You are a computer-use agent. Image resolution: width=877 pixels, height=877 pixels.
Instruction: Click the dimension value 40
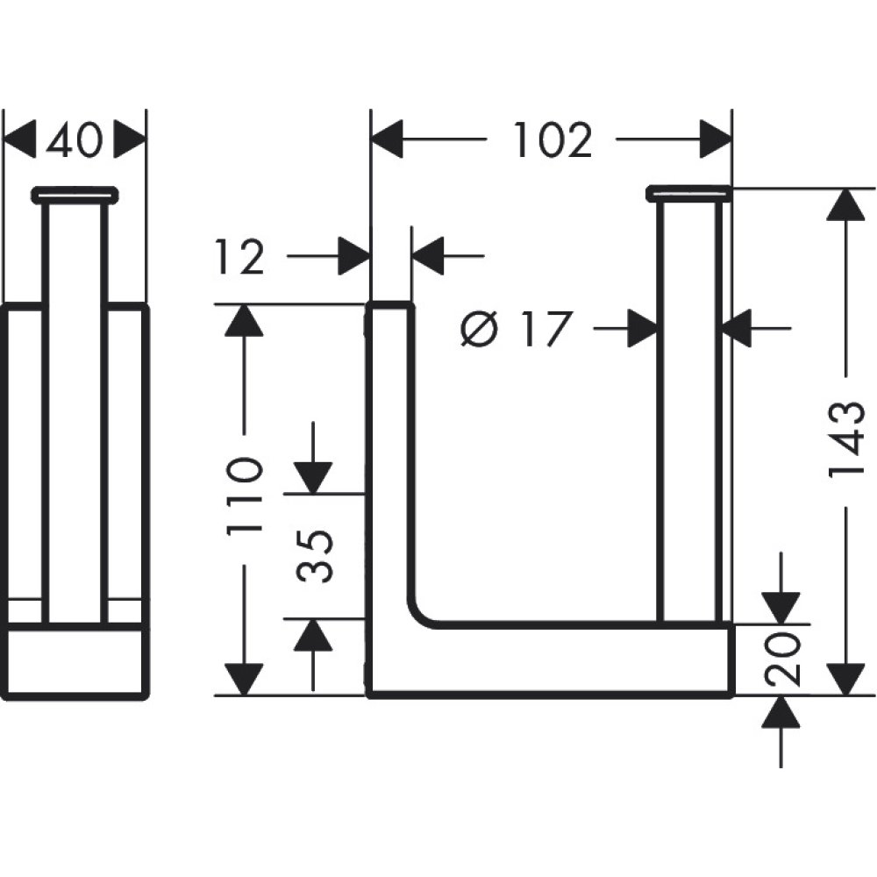75,140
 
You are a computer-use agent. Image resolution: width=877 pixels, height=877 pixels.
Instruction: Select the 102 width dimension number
553,140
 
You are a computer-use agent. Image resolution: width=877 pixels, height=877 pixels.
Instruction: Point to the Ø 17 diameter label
517,330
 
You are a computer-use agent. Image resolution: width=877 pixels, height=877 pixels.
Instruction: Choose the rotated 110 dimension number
244,496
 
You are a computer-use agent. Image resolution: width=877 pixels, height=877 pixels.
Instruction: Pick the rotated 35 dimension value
315,556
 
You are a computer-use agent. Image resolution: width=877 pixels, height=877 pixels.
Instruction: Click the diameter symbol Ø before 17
479,330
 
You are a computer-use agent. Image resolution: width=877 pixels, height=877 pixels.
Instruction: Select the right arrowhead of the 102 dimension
715,140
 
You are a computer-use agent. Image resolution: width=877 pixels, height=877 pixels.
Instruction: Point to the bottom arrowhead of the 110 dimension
244,678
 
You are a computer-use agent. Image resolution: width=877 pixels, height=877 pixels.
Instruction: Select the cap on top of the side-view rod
75,194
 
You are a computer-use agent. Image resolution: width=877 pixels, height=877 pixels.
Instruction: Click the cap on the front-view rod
689,193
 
